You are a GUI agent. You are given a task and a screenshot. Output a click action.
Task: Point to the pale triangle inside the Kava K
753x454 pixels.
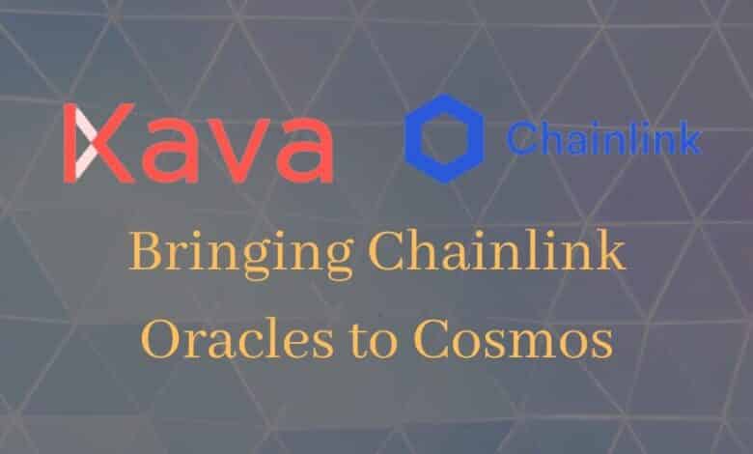click(84, 143)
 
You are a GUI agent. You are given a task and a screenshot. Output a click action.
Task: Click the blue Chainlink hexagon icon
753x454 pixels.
click(444, 138)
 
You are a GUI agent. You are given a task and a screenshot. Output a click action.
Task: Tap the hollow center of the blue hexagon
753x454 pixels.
click(444, 139)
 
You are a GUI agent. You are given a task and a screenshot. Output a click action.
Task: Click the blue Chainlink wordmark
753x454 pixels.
click(604, 137)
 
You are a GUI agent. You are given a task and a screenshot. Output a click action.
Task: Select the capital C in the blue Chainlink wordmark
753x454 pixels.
click(521, 138)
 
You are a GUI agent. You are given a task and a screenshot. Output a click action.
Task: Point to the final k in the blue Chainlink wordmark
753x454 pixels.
click(689, 137)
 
